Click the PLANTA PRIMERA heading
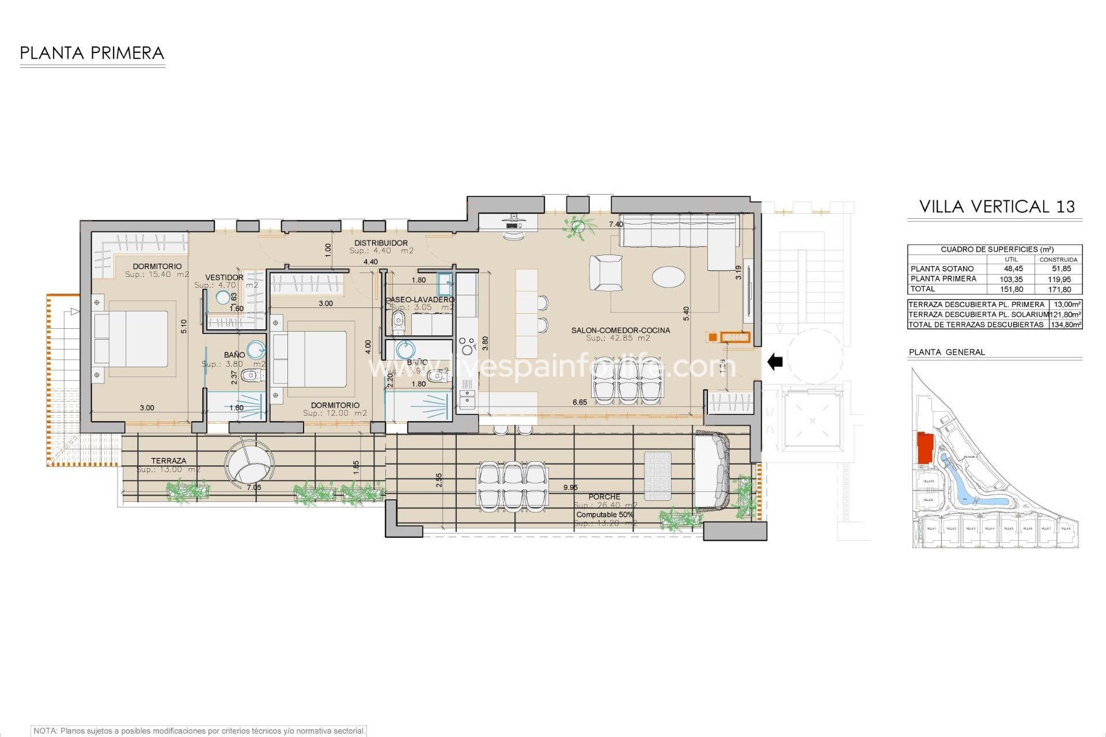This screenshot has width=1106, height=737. click(x=92, y=54)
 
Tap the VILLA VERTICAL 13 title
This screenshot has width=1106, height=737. click(x=997, y=207)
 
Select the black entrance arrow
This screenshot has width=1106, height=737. click(x=775, y=362)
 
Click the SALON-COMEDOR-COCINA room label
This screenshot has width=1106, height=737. click(x=620, y=330)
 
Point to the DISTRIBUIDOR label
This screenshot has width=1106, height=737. click(x=381, y=243)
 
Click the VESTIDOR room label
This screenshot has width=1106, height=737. click(x=224, y=278)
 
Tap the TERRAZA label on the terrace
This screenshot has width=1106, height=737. click(x=168, y=461)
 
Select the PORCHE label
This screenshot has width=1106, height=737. click(x=604, y=496)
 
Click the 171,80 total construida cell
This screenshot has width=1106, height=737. click(x=1059, y=290)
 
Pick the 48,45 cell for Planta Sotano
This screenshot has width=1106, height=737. click(x=1013, y=269)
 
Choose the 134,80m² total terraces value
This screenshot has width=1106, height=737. click(x=1066, y=325)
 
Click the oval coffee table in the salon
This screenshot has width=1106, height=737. click(x=669, y=276)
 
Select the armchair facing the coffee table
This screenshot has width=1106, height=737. click(x=605, y=272)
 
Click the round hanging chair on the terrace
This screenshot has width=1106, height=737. click(x=249, y=464)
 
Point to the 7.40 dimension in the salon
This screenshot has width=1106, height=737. click(x=616, y=225)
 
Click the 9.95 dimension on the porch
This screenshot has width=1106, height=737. click(x=570, y=488)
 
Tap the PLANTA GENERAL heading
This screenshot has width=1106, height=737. click(x=946, y=352)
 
